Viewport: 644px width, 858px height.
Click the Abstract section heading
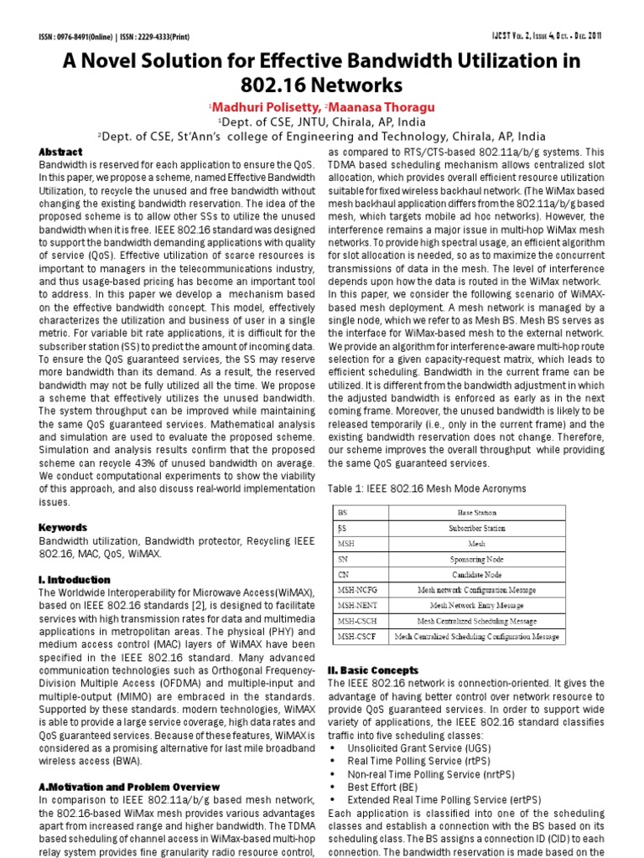point(61,152)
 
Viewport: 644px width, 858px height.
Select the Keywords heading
point(63,528)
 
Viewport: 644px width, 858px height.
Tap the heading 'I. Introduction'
point(75,579)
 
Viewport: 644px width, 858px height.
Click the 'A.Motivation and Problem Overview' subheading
point(129,787)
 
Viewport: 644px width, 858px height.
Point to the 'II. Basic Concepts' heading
point(372,670)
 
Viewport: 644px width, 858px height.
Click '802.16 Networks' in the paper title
point(322,85)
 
